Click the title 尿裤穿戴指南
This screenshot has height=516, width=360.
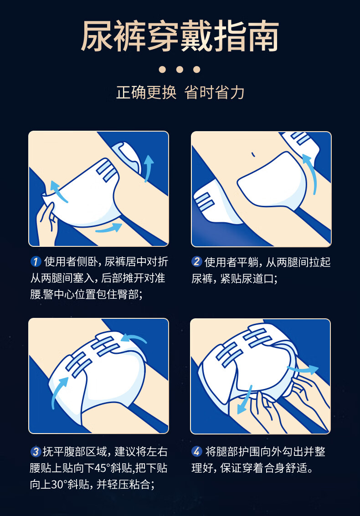point(180,36)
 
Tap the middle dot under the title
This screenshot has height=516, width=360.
point(180,69)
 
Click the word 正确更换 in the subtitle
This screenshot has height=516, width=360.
point(146,92)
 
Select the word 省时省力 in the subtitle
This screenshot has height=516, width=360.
point(215,92)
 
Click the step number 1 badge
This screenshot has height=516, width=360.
point(36,261)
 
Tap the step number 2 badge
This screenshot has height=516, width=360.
point(197,261)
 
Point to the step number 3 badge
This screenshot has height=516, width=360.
point(36,451)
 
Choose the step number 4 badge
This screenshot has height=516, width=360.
point(197,451)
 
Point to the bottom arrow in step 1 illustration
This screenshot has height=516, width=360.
point(109,228)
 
